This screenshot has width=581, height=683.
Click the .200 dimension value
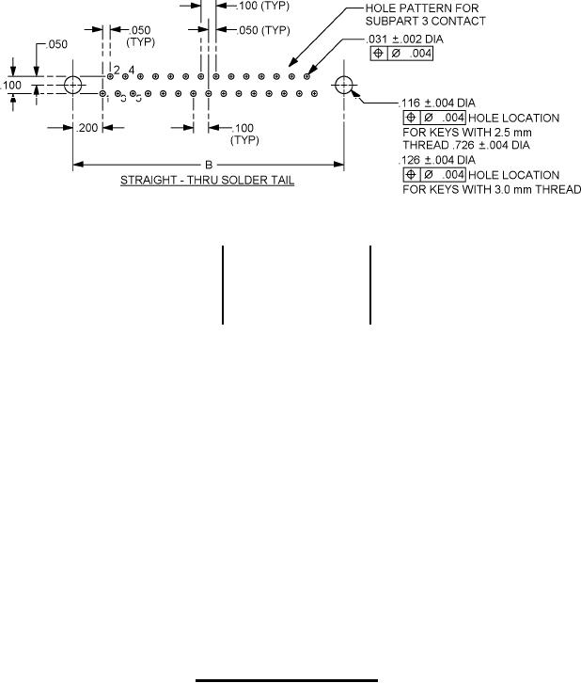click(86, 128)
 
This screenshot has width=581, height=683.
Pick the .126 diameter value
click(410, 161)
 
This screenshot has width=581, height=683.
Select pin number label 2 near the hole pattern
click(117, 70)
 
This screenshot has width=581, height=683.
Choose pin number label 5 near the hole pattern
click(138, 98)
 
